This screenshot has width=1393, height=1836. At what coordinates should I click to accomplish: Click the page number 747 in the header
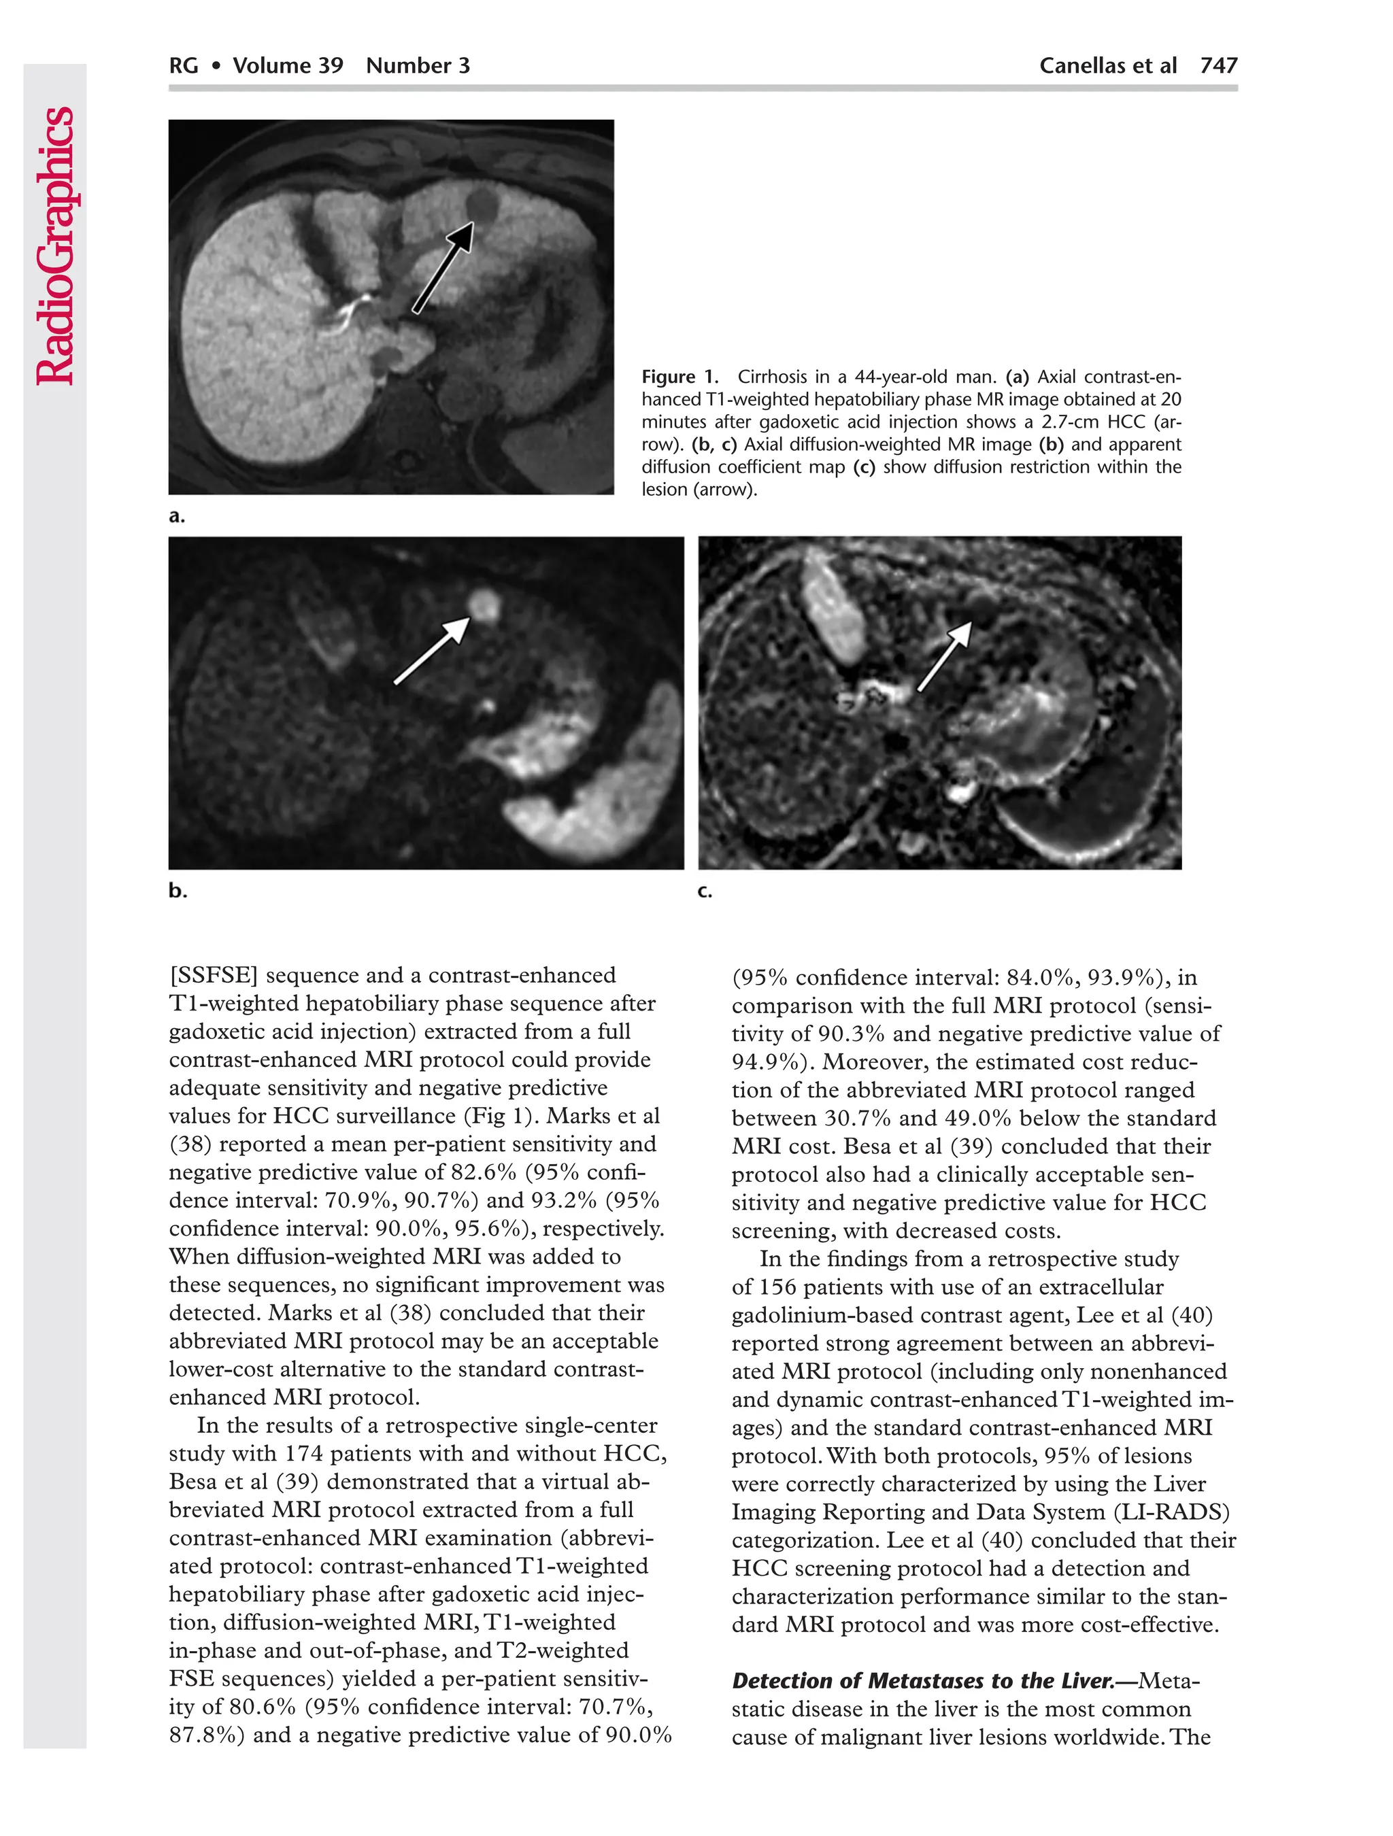coord(1219,65)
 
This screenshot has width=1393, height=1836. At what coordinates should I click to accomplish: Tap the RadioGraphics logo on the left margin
coord(56,245)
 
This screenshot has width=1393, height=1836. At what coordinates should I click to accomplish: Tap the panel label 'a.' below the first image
coord(177,516)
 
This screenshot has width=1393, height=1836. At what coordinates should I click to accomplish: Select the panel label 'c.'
coord(705,891)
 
